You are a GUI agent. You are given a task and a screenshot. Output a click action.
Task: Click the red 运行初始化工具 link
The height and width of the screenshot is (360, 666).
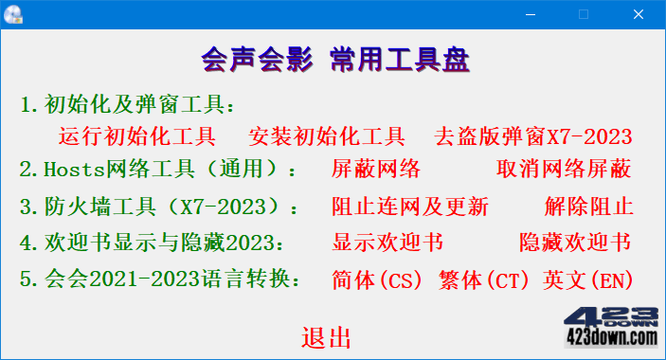(137, 136)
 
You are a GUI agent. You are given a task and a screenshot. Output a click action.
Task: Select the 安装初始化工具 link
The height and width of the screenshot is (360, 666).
(327, 136)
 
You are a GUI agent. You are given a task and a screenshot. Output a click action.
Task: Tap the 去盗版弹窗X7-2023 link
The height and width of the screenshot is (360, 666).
(532, 136)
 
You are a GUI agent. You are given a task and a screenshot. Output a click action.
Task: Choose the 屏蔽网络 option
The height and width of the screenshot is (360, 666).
(376, 171)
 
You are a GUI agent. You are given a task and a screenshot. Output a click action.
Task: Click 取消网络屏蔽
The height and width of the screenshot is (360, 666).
(563, 171)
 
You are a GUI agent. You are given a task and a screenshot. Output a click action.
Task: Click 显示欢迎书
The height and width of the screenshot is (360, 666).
(387, 243)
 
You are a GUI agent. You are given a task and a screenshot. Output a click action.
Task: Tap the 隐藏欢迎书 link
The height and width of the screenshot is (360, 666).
(575, 243)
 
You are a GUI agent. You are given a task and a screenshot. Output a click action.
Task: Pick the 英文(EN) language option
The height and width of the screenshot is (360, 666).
(588, 279)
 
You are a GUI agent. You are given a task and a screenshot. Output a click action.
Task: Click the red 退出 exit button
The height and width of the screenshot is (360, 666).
(327, 338)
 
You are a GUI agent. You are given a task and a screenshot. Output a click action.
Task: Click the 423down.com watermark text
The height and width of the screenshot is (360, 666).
(611, 335)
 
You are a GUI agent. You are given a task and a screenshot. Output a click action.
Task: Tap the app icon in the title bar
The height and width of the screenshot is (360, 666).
(14, 14)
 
